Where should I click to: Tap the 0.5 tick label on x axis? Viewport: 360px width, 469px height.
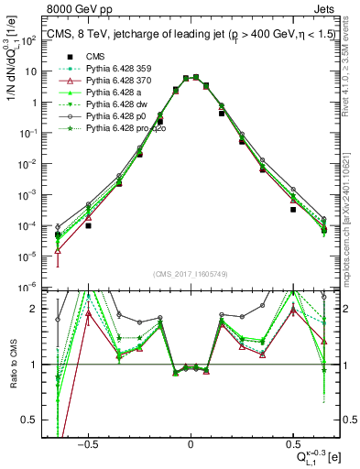point(293,442)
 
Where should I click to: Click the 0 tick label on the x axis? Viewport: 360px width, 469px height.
point(191,442)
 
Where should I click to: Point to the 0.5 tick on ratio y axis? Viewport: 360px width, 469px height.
point(33,420)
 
